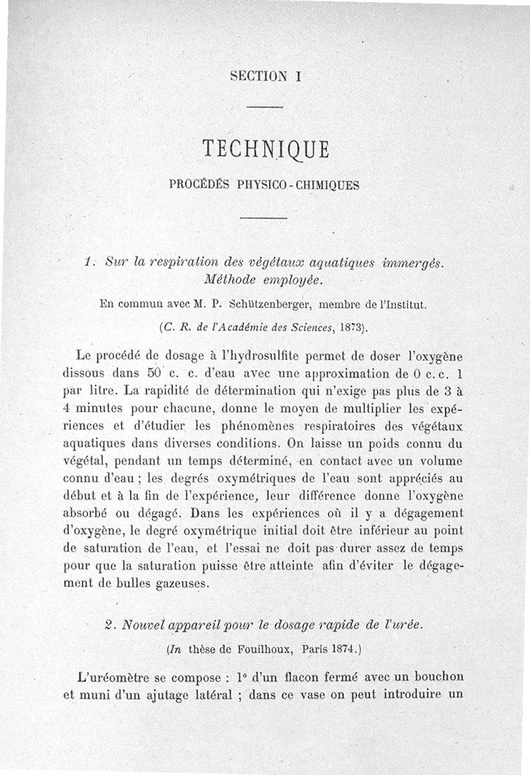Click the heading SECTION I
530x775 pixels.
pos(266,76)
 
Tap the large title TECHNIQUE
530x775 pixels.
pos(266,150)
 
